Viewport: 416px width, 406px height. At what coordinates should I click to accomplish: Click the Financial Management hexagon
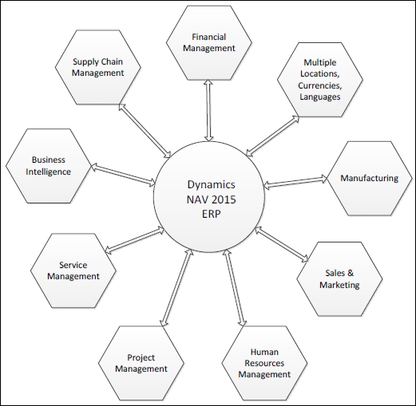pos(209,42)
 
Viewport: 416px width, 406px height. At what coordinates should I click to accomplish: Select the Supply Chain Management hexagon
pos(98,67)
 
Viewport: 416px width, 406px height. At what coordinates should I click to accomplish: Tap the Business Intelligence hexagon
pos(49,166)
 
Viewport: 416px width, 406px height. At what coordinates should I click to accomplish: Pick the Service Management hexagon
pos(73,270)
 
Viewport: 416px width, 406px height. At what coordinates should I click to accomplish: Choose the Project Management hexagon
pos(141,363)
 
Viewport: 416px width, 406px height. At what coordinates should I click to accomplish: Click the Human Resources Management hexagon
pos(264,363)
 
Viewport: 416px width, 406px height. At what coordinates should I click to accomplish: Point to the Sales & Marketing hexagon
pos(339,279)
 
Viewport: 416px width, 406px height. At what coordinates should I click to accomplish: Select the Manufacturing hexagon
pos(370,178)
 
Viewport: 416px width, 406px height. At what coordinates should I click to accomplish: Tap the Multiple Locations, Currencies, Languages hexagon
pos(320,80)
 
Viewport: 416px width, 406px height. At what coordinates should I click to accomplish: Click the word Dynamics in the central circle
pos(212,184)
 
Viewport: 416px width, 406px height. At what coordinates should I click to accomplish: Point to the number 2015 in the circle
pos(224,199)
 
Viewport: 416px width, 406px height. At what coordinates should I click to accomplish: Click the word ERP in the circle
pos(212,214)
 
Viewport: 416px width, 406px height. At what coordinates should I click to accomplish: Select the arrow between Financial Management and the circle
pos(208,111)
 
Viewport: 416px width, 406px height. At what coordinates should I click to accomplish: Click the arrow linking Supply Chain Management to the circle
pos(145,130)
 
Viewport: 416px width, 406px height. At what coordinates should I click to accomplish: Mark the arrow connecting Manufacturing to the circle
pos(295,182)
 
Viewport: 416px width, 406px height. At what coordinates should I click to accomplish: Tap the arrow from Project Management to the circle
pos(176,288)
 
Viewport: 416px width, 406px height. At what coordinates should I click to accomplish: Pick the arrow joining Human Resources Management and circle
pos(235,288)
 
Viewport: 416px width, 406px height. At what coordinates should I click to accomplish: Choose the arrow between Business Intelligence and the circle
pos(123,175)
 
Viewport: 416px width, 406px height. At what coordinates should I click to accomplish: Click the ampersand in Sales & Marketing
pos(351,273)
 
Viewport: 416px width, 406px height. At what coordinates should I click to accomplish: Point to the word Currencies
pos(320,85)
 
